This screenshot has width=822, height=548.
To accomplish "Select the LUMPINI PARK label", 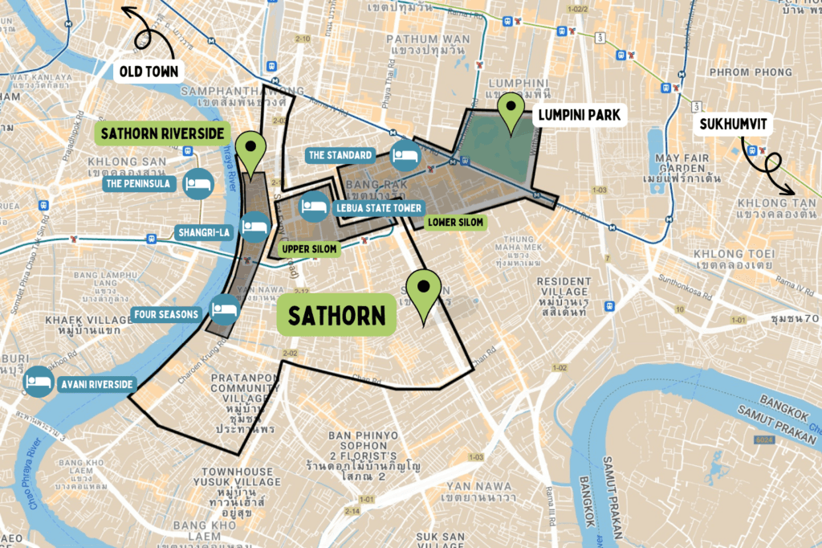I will click(579, 115).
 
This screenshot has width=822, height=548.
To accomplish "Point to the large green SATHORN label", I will click(339, 315).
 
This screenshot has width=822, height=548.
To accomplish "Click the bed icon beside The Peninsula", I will click(197, 183).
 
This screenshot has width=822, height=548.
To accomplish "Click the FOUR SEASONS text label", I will click(166, 314).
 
